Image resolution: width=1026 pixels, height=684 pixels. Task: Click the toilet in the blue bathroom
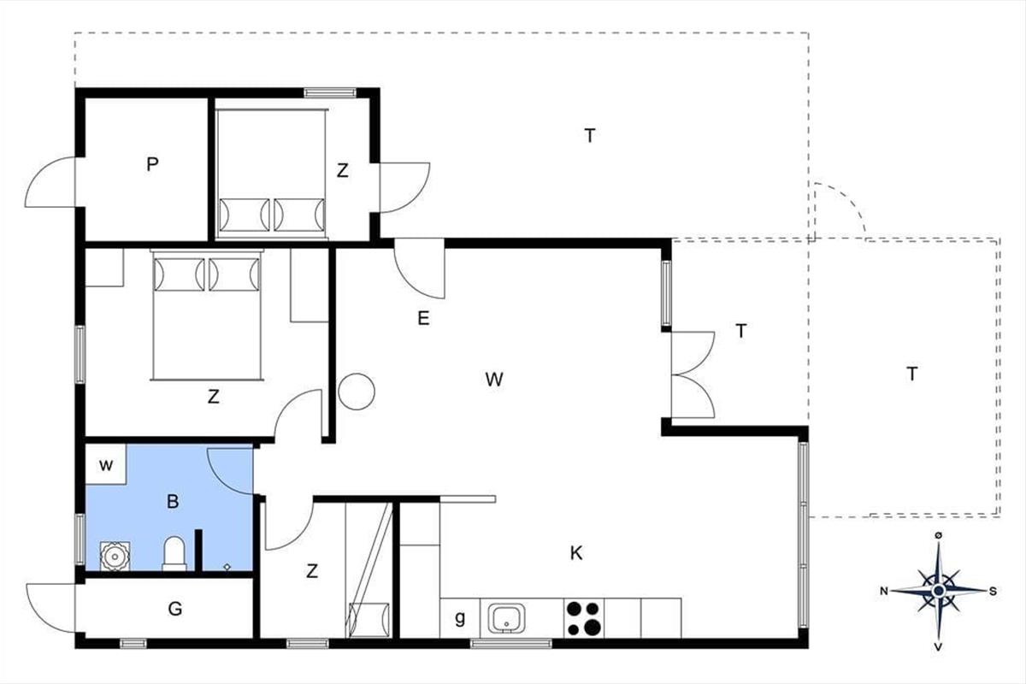(x=174, y=553)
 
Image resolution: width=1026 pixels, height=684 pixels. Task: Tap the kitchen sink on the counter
(x=506, y=618)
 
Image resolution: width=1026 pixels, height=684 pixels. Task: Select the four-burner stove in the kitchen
(x=583, y=618)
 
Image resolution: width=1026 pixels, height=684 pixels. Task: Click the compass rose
(x=939, y=591)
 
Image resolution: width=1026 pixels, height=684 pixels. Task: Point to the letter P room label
(x=152, y=164)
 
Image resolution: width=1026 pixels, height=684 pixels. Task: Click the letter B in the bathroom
(x=173, y=502)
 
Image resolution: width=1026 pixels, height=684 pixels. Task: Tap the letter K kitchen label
(x=576, y=553)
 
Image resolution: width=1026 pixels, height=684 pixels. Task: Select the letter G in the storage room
(x=175, y=609)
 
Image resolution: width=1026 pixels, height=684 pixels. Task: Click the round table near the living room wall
(x=357, y=392)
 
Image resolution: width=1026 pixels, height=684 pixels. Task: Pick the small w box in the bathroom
(x=106, y=464)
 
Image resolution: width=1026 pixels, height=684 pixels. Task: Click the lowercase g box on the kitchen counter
(x=459, y=618)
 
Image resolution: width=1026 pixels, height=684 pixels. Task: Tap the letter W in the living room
(x=494, y=380)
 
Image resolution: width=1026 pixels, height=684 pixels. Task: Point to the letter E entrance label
(x=424, y=318)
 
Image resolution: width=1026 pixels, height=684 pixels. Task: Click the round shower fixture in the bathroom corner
(x=115, y=557)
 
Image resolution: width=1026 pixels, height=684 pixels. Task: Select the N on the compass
(x=883, y=591)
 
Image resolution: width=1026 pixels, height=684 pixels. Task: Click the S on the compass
(x=993, y=591)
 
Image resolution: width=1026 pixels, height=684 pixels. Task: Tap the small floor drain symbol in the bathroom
(x=227, y=567)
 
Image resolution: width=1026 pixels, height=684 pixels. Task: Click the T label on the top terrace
(x=590, y=136)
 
